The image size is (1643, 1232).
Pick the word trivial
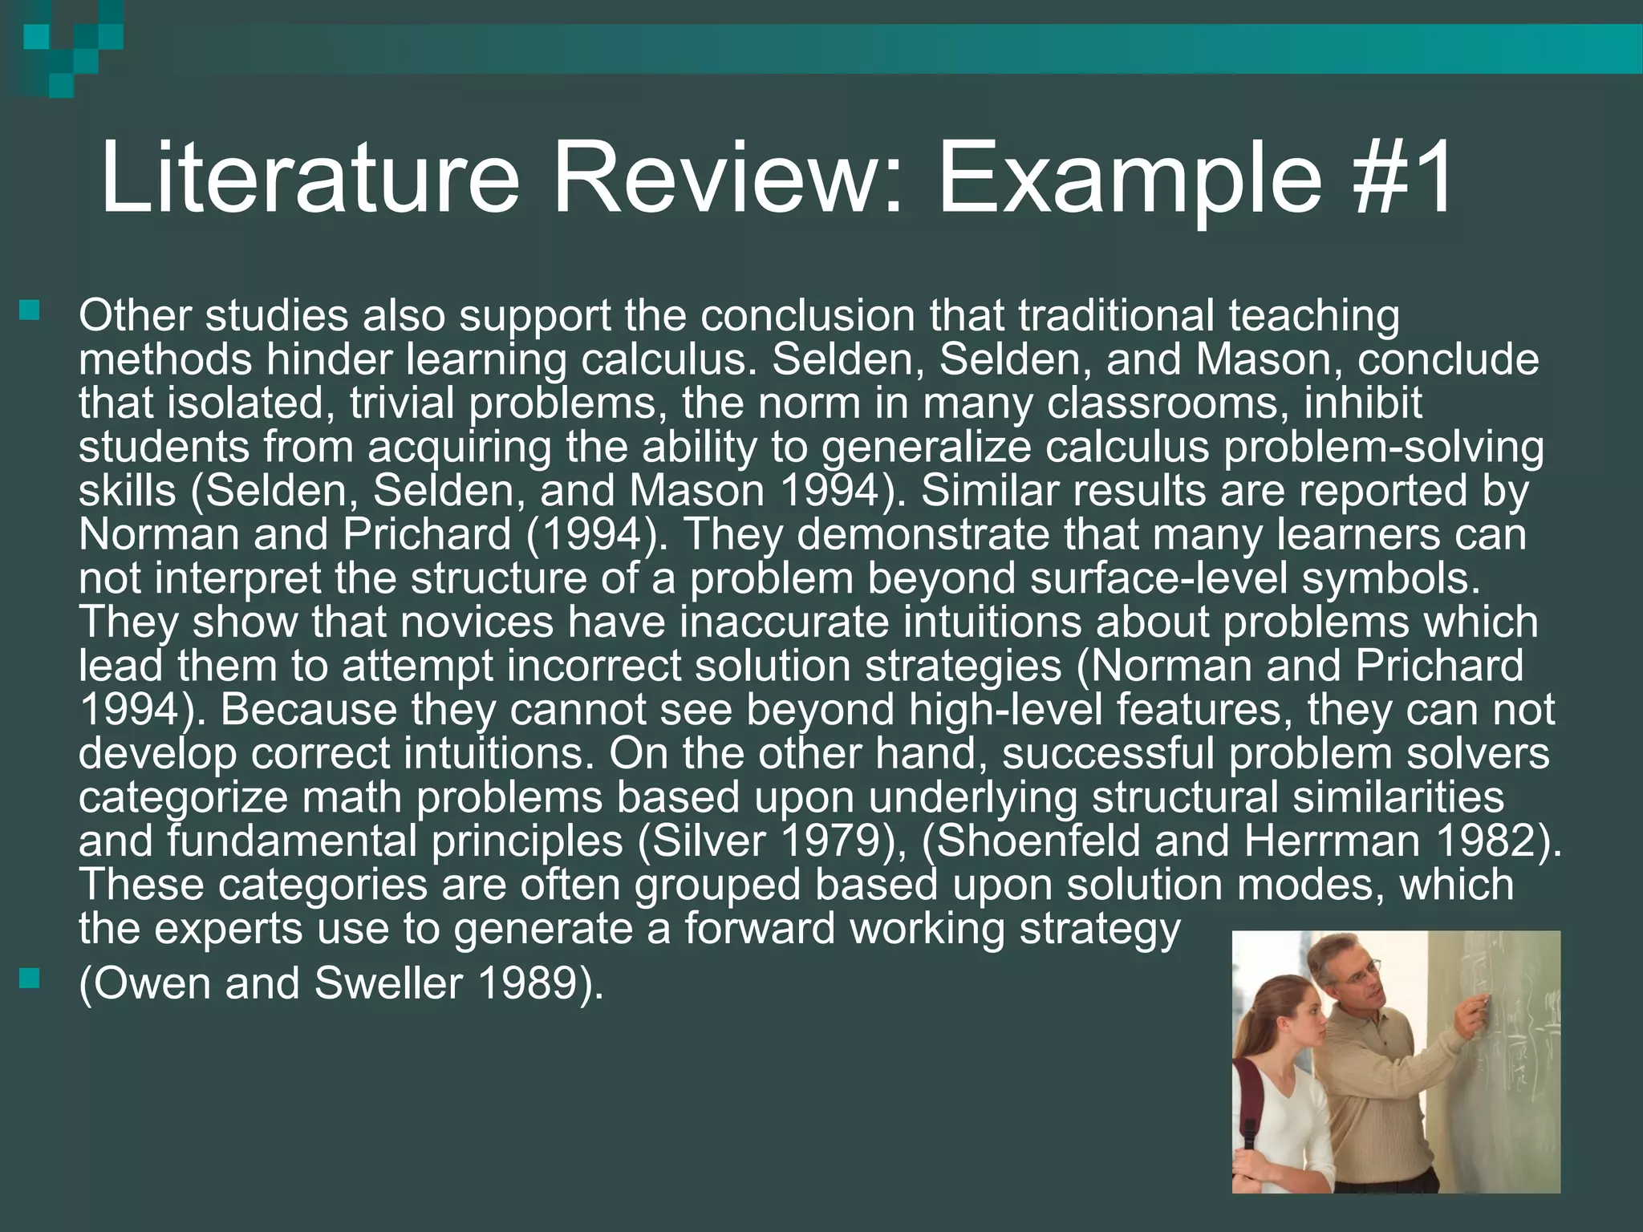402,403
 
